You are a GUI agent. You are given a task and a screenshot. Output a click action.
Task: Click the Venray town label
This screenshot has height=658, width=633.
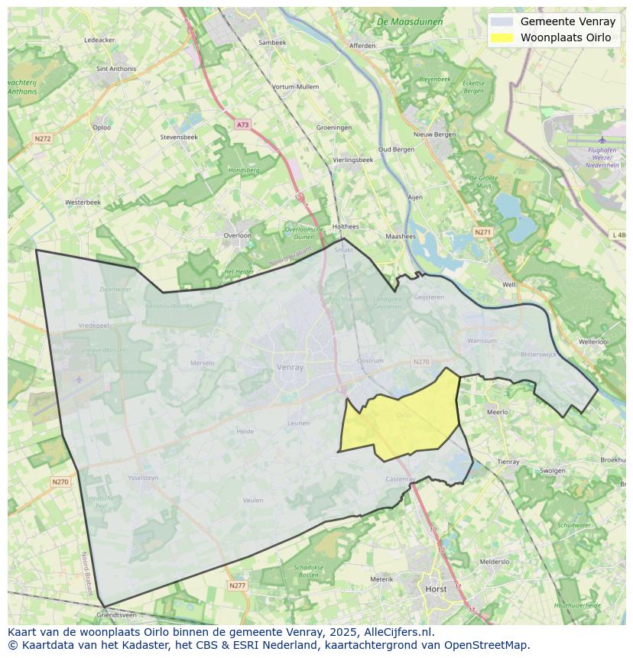[290, 367]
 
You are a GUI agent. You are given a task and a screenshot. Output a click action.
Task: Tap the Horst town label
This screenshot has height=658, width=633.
[436, 589]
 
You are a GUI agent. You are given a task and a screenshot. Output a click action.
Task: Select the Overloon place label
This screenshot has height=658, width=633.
[237, 235]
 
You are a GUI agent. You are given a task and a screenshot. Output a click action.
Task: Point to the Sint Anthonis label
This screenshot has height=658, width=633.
[116, 69]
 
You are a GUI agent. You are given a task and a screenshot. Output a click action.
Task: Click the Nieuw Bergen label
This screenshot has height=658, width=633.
[434, 135]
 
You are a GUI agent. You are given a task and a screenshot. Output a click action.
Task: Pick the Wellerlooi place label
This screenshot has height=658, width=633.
[594, 342]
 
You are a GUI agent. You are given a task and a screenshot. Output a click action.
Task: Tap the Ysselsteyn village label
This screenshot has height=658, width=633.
[143, 478]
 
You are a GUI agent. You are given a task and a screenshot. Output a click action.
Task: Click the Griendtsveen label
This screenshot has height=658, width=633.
[116, 614]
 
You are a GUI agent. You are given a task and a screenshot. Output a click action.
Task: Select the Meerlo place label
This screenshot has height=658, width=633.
[497, 412]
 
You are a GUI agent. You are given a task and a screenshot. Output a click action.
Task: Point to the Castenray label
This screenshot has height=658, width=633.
[401, 479]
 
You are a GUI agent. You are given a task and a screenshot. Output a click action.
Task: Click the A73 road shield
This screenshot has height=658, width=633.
[242, 125]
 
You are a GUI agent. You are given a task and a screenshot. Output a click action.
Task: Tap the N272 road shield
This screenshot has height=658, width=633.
[42, 138]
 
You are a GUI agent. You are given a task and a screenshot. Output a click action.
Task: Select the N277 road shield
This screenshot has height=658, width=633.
[237, 585]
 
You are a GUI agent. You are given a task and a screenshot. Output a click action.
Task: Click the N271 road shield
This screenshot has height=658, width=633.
[482, 232]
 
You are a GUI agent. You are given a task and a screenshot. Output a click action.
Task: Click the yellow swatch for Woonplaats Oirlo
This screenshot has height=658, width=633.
[502, 37]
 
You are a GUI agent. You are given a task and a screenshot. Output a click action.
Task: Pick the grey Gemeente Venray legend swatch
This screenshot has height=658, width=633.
[502, 22]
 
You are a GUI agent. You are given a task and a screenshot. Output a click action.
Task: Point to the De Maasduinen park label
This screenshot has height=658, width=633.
[410, 22]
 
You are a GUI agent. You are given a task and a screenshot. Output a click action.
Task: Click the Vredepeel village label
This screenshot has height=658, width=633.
[95, 325]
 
